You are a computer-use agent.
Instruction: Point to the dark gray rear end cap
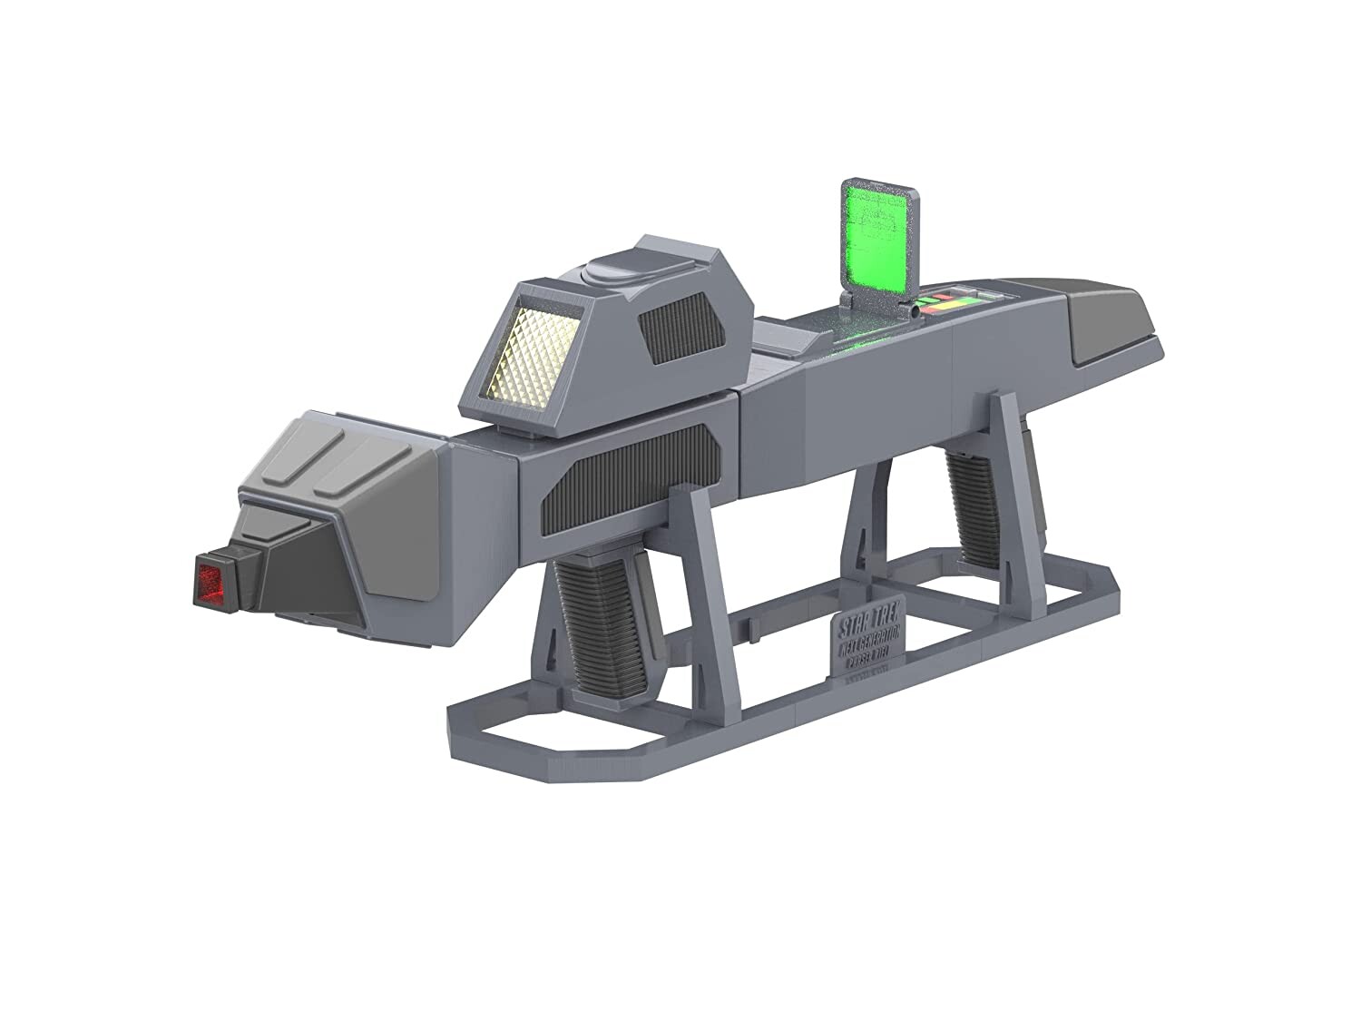pyautogui.click(x=1115, y=322)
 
